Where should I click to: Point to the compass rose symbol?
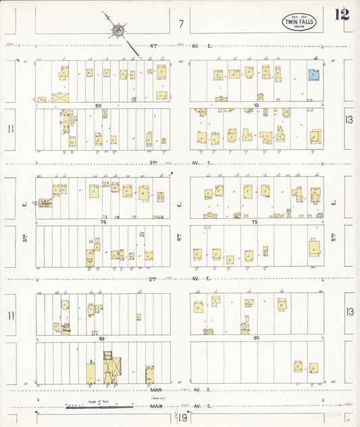click(118, 29)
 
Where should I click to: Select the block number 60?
click(98, 105)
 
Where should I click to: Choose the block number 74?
click(103, 222)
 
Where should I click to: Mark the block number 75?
click(255, 222)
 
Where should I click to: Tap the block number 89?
click(102, 338)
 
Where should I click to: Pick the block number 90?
click(255, 338)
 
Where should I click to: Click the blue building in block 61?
click(313, 76)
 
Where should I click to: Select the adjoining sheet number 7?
click(180, 24)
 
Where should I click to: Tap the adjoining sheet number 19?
click(183, 419)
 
